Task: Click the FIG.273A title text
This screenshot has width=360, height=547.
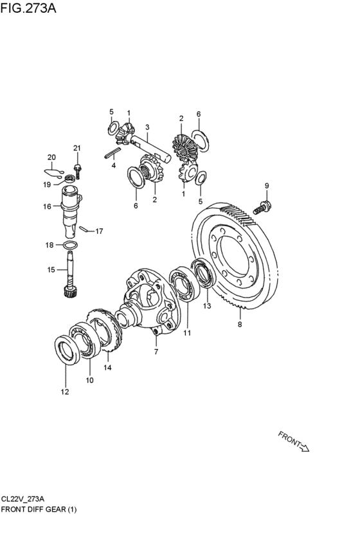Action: pos(28,8)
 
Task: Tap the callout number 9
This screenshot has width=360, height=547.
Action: pos(267,186)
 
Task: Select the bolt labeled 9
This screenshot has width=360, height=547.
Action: pos(263,207)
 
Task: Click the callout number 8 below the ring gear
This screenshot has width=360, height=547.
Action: pos(240,325)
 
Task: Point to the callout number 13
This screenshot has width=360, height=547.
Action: pos(207,306)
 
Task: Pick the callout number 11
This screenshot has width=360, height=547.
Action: pos(187,333)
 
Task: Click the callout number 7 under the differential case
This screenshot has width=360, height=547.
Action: pos(156,352)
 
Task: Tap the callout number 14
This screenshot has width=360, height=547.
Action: pos(107,367)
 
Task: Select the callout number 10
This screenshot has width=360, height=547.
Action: pos(89,381)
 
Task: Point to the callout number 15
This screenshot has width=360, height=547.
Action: pos(51,270)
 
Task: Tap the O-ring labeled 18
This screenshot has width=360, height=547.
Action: pos(70,246)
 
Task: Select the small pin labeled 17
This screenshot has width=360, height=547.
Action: pos(83,229)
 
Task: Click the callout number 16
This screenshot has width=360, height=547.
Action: pos(47,206)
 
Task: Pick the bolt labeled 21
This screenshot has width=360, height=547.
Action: pos(77,171)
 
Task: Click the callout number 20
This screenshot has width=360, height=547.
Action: pos(51,157)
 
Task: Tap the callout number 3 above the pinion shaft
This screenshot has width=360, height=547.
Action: pos(147,127)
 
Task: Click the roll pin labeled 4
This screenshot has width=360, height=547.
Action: pos(113,153)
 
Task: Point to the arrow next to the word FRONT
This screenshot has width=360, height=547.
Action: pos(305,447)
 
